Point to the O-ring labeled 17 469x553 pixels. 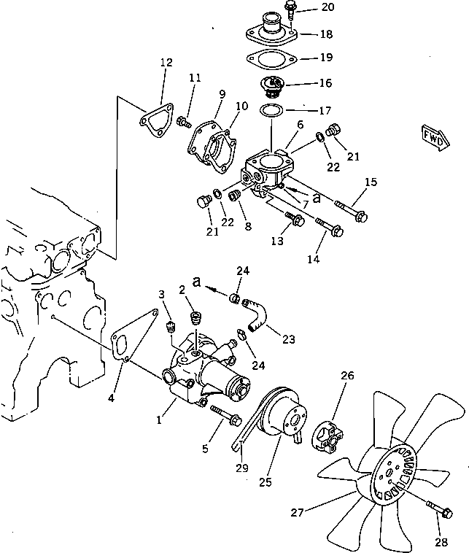pos(271,111)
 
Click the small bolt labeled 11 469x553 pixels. pos(183,120)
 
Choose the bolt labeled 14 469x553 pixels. pos(329,228)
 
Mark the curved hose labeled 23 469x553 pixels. pos(257,318)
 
